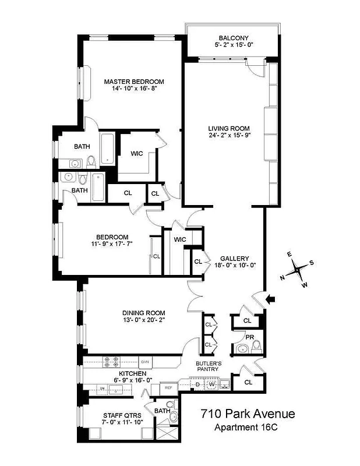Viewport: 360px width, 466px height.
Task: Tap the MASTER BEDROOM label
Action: tap(134, 82)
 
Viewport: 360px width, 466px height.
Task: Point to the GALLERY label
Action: tap(235, 259)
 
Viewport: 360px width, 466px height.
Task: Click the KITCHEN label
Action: tap(132, 373)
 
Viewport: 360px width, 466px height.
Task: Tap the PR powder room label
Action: tap(249, 337)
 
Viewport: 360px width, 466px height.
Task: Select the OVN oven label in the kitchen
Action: tap(145, 362)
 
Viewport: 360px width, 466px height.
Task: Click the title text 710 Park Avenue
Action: tap(248, 415)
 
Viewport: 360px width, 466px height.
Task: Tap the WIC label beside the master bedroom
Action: tap(137, 154)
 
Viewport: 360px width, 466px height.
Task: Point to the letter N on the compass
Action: tap(283, 278)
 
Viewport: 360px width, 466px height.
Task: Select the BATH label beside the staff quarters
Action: tap(163, 411)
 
